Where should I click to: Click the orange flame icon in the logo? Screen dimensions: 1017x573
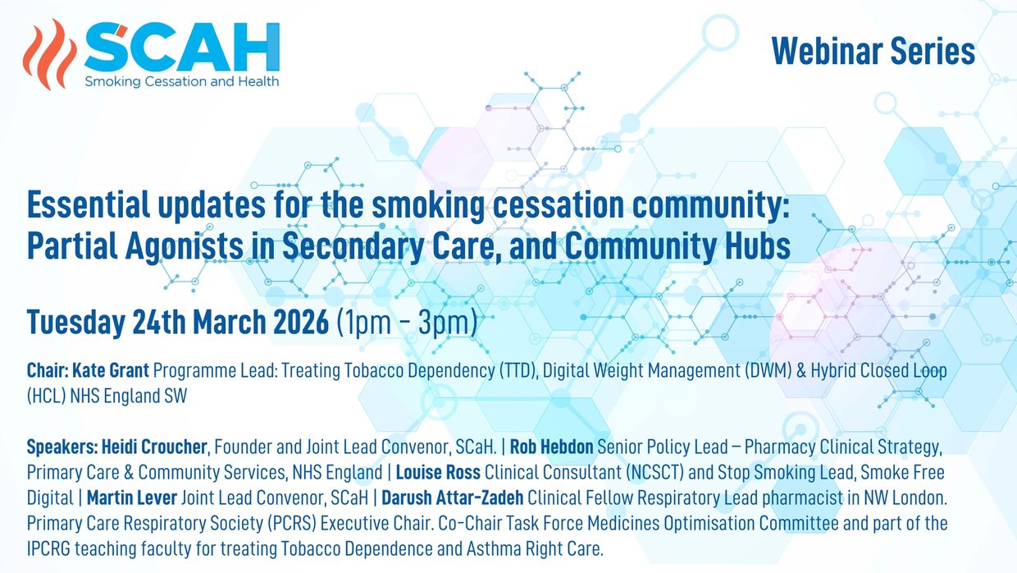click(50, 54)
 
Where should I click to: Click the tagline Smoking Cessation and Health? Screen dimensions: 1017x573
click(181, 82)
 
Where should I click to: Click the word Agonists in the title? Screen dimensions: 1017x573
click(185, 246)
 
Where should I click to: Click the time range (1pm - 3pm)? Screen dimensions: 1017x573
click(407, 323)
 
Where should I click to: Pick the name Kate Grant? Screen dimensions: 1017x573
click(111, 370)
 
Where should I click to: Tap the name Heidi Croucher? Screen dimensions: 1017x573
click(154, 447)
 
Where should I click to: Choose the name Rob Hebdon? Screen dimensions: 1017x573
click(552, 447)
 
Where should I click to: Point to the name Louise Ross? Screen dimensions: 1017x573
click(438, 472)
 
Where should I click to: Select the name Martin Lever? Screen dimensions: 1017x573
click(132, 497)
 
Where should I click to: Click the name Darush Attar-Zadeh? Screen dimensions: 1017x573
click(452, 497)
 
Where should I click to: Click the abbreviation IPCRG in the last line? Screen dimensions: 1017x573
click(48, 548)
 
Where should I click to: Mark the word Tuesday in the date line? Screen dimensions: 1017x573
click(76, 323)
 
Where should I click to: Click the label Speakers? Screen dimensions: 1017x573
click(62, 447)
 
